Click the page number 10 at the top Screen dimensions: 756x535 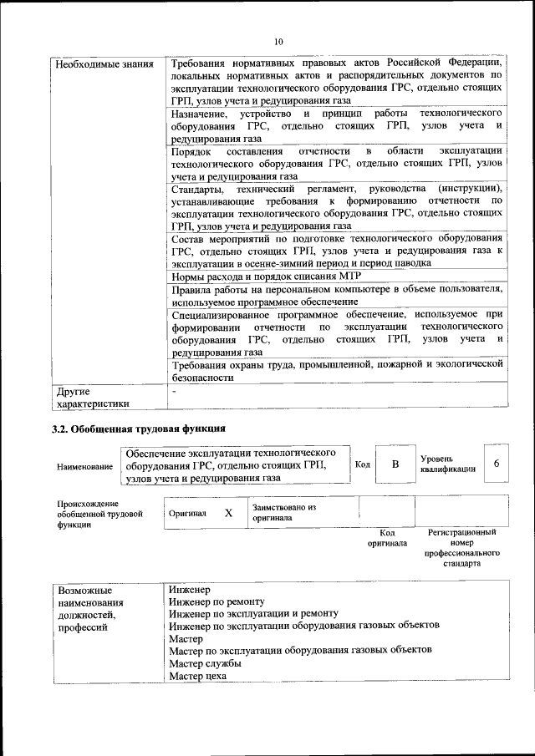[278, 41]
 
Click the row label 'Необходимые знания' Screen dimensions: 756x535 [92, 63]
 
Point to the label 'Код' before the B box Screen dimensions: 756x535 [363, 464]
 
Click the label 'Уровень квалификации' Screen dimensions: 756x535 [448, 464]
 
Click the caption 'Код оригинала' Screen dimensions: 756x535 [387, 537]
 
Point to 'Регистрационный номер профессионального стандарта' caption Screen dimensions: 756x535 [461, 547]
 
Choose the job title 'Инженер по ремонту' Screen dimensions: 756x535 [217, 601]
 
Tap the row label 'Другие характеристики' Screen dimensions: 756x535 [92, 397]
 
